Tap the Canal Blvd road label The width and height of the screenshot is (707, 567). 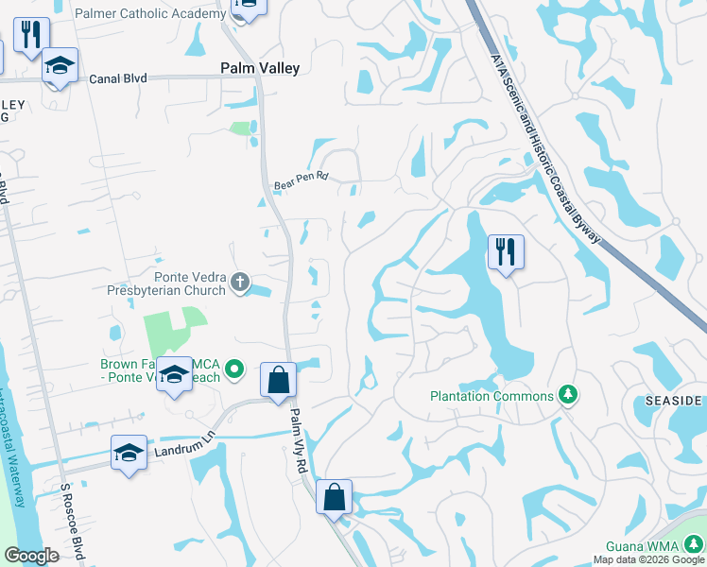point(118,78)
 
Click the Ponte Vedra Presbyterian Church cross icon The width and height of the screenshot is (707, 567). point(241,281)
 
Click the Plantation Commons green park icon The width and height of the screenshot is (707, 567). point(567,394)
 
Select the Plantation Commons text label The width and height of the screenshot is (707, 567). point(491,396)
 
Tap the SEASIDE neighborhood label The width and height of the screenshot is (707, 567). point(674,401)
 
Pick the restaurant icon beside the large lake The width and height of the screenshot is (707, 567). point(506,251)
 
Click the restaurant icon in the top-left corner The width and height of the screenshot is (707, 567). point(31,35)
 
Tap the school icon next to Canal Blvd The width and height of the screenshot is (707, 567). point(60,66)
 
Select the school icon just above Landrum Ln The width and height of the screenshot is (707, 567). point(128,451)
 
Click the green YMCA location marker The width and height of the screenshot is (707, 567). point(236,369)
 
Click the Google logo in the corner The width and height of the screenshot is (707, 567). point(31,556)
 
